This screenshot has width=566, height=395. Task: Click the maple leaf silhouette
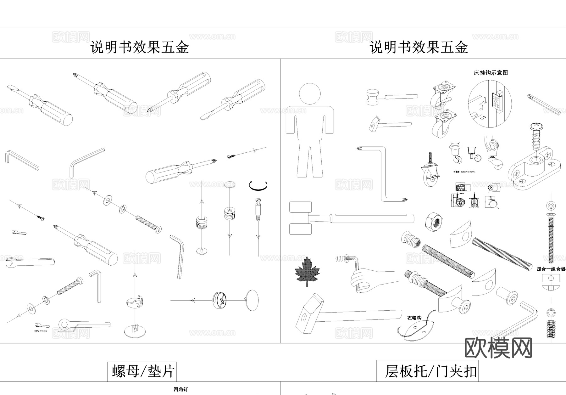(307, 271)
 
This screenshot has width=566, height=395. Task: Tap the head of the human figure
(310, 94)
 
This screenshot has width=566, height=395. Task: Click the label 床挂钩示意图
(491, 73)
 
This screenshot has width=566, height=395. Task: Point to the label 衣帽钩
(414, 318)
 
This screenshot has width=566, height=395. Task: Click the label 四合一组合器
(551, 269)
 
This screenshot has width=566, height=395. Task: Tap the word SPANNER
(41, 331)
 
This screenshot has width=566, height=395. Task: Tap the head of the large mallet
(300, 218)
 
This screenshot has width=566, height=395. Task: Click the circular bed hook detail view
(489, 104)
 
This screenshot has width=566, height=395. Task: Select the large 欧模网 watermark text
(498, 348)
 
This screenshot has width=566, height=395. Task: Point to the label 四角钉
(180, 389)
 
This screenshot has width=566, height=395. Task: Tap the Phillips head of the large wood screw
(536, 127)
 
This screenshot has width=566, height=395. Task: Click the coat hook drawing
(417, 329)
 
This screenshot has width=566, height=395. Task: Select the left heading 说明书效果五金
(140, 48)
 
